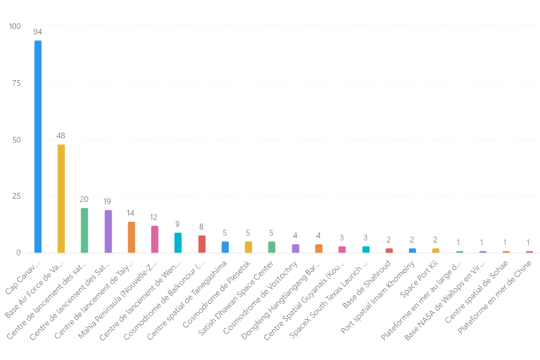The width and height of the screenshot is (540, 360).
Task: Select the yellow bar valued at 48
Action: [61, 199]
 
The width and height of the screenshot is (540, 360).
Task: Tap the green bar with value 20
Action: [84, 230]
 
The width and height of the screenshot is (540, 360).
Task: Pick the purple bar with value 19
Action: [108, 231]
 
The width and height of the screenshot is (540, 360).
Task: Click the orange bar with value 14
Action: [131, 237]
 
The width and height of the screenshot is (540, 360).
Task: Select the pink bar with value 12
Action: [155, 239]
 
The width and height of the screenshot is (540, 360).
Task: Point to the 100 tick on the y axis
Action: [14, 27]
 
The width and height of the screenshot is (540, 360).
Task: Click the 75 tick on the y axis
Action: [17, 84]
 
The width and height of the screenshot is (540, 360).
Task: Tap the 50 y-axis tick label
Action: [17, 140]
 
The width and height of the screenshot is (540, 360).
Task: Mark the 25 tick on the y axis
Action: [17, 197]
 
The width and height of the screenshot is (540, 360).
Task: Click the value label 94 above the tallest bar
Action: [38, 32]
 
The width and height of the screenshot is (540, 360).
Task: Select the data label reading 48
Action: [61, 136]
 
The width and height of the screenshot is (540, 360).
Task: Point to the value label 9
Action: [178, 225]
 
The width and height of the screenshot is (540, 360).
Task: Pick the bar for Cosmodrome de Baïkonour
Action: [202, 244]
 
